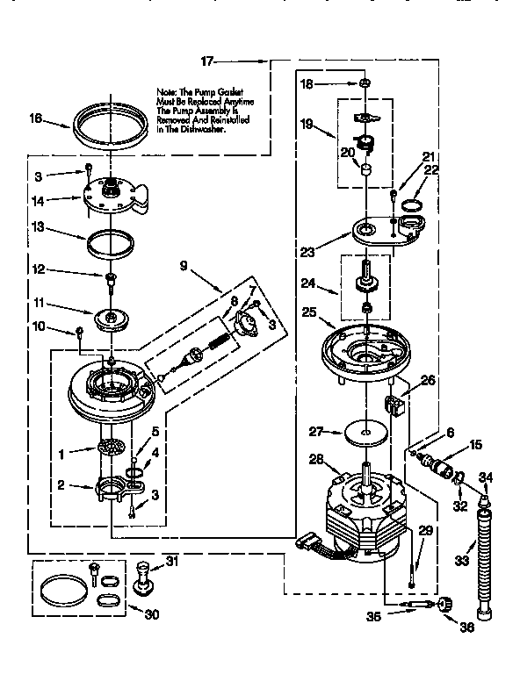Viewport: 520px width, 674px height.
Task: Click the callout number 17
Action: [x=207, y=61]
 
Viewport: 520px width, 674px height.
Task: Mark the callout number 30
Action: [x=151, y=615]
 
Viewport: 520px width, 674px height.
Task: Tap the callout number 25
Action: [x=308, y=312]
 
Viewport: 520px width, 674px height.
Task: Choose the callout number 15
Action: [x=475, y=444]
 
